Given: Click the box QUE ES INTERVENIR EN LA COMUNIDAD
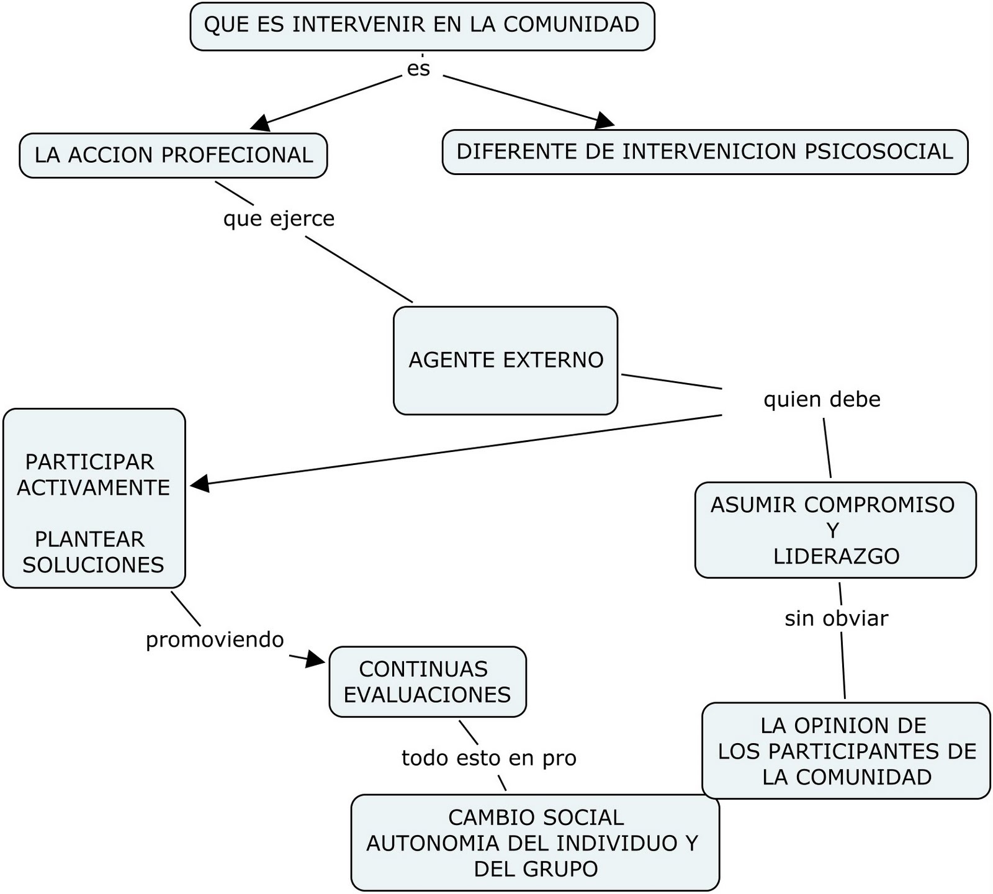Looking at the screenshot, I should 422,26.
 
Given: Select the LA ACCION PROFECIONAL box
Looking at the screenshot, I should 173,155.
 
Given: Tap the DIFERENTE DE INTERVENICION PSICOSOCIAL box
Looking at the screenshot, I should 704,152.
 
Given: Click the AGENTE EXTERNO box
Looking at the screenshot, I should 505,360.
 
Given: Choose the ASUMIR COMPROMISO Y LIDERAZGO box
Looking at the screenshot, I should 835,530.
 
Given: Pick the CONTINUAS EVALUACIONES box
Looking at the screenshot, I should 427,682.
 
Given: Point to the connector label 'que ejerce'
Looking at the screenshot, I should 279,219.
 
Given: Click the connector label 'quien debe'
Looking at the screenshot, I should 822,399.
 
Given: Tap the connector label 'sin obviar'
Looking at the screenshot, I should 836,618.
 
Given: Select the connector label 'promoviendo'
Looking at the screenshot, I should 215,639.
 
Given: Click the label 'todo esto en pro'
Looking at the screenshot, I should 489,758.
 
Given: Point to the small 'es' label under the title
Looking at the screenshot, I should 418,68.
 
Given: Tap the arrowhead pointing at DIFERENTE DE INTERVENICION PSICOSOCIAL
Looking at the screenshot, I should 603,120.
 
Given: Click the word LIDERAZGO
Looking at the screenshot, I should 836,556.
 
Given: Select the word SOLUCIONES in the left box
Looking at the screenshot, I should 93,565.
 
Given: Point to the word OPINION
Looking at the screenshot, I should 846,725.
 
